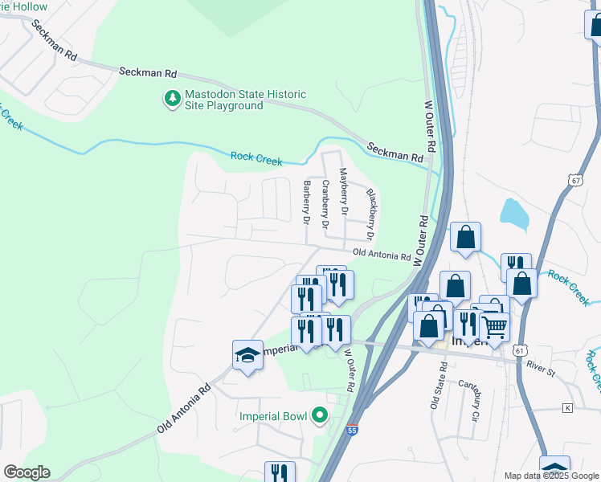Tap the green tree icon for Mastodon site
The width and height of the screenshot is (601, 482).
[171, 100]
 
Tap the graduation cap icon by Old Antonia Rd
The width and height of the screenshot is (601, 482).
[247, 354]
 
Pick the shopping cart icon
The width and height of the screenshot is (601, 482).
[495, 327]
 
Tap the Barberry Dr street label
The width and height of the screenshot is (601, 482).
[306, 202]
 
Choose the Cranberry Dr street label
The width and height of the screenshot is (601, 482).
[325, 205]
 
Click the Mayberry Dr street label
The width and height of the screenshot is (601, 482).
[344, 191]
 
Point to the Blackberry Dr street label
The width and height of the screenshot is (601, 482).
[370, 214]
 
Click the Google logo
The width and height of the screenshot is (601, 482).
[27, 472]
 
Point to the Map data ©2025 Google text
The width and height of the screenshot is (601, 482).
[551, 476]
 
